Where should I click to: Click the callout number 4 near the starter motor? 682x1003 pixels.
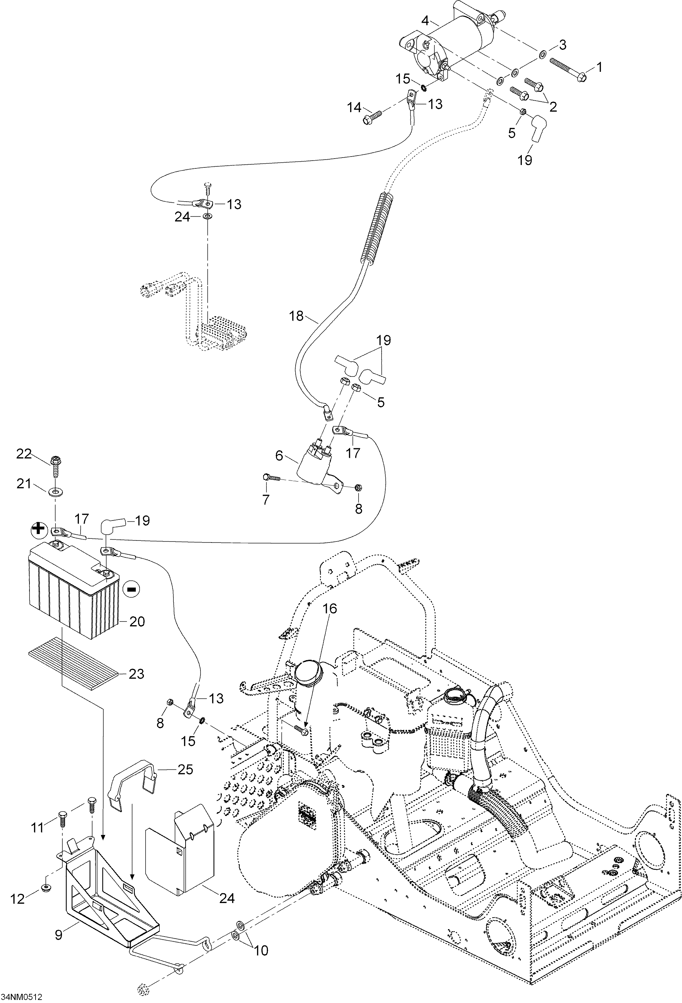tap(425, 20)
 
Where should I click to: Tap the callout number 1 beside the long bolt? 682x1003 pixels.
tap(599, 67)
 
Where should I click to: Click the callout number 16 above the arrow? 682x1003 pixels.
tap(330, 609)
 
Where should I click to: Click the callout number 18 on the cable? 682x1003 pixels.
tap(296, 315)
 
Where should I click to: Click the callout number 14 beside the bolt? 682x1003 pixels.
tap(354, 107)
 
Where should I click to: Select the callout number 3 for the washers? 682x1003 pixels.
tap(562, 44)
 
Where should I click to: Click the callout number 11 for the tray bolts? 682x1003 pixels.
tap(38, 827)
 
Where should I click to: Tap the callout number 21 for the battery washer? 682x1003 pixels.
tap(24, 484)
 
